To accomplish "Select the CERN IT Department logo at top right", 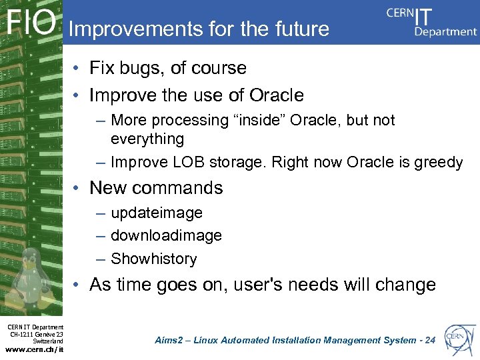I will (432, 22).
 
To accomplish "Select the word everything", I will (147, 139).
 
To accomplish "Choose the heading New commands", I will (156, 188).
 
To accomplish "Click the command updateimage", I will (157, 213).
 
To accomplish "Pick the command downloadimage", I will (166, 235).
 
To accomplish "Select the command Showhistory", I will (154, 259).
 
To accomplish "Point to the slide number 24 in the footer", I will (429, 340).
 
